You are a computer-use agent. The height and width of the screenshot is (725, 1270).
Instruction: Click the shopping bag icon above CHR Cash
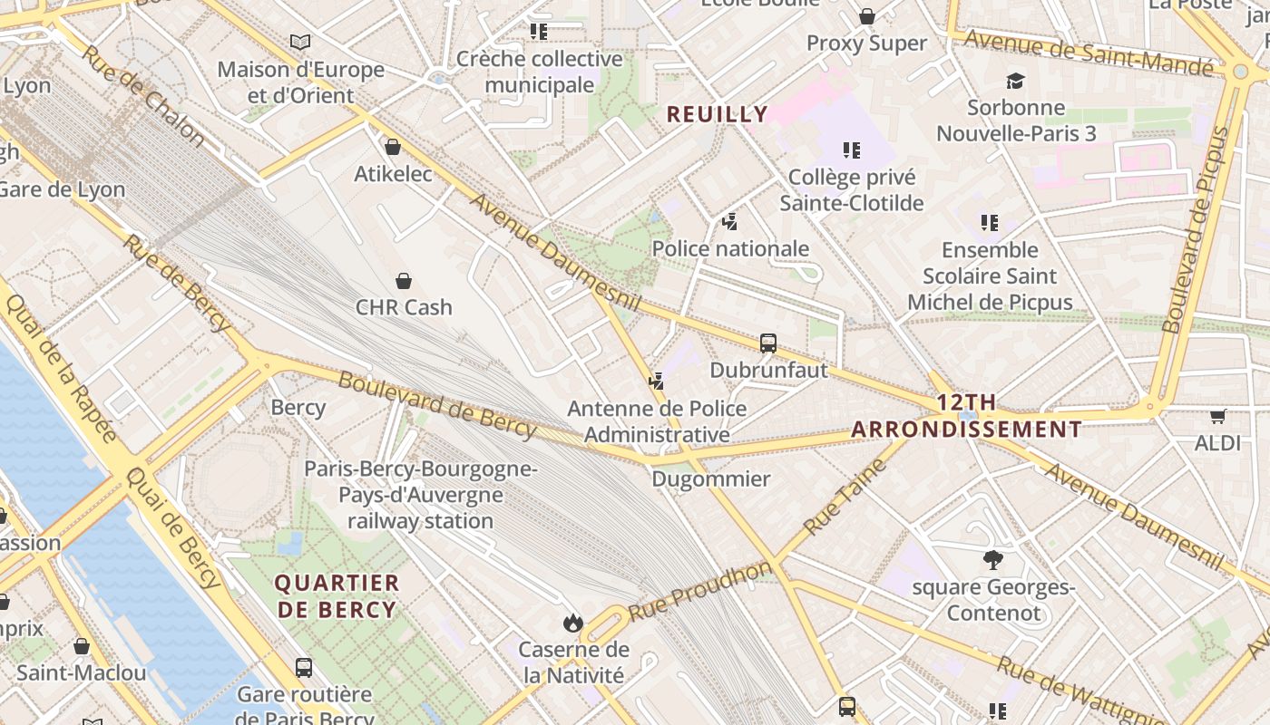pos(404,281)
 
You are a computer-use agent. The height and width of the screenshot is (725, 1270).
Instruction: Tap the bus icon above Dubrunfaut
pos(768,343)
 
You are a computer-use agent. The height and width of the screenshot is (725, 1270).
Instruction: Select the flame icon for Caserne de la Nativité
pos(572,623)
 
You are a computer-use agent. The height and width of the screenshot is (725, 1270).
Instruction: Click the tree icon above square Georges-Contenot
pos(993,560)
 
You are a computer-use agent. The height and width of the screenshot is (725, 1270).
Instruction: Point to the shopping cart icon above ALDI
pos(1217,416)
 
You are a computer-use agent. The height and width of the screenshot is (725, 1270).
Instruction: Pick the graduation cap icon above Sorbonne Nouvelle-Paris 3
pos(1015,81)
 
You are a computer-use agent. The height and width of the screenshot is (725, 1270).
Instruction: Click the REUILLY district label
pos(718,114)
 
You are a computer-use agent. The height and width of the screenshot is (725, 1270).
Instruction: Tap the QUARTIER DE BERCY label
pos(337,596)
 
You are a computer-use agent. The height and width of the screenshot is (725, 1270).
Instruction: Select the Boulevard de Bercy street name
pos(437,404)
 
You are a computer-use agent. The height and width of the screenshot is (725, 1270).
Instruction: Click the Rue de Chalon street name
pos(143,94)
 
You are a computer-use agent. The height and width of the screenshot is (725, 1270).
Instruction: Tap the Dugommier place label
pos(711,479)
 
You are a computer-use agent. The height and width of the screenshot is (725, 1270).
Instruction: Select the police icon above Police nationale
pos(729,221)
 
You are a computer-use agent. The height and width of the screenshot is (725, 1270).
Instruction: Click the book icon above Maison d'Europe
pos(300,42)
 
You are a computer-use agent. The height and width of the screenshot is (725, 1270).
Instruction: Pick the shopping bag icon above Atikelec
pos(393,147)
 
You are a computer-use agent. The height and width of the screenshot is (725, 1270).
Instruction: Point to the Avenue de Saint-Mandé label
pos(1088,53)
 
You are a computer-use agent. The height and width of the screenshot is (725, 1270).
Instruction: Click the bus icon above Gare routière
pos(304,668)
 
